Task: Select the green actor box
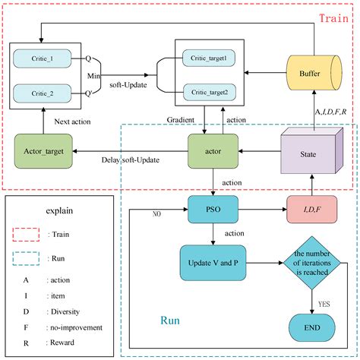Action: [x=213, y=150]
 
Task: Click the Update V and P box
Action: [x=213, y=262]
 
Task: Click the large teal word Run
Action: [x=171, y=321]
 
